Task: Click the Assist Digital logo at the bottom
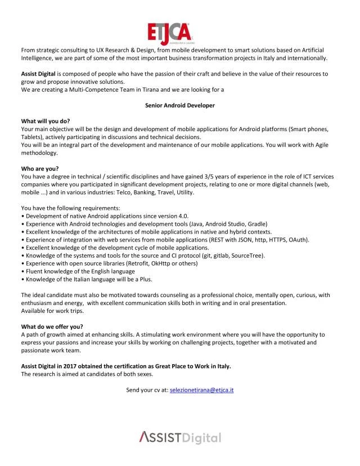[180, 437]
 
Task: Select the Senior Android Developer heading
[180, 105]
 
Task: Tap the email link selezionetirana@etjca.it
[202, 389]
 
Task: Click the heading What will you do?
[47, 121]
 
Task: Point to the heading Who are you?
[40, 168]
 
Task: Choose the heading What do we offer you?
[52, 326]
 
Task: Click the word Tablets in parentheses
[33, 137]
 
